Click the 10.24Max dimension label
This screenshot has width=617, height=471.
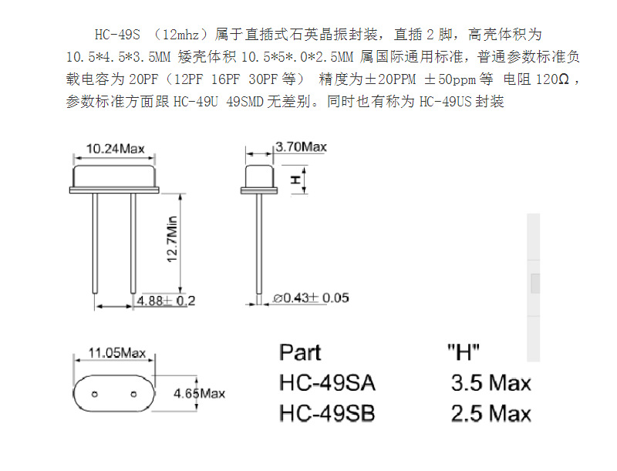click(x=116, y=147)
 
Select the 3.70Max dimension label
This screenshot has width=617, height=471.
click(x=301, y=146)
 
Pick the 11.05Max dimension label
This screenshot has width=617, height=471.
click(x=116, y=353)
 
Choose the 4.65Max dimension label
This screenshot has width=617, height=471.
click(x=199, y=393)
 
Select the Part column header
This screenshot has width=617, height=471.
click(x=300, y=352)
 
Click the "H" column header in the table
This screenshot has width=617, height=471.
click(x=464, y=352)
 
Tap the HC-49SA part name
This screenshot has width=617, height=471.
click(x=327, y=382)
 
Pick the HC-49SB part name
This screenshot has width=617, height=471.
click(x=327, y=413)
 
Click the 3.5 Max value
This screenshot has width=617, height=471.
click(x=491, y=382)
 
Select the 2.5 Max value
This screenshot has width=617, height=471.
click(x=491, y=413)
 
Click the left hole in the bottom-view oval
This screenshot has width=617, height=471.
click(x=95, y=393)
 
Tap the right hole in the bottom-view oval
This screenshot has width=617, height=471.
click(x=133, y=393)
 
